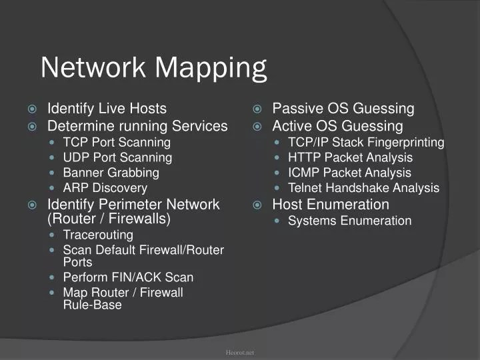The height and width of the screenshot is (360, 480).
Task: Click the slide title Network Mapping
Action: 153,68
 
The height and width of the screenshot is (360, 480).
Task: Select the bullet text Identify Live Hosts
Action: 107,109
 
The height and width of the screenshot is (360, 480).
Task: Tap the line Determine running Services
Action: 137,126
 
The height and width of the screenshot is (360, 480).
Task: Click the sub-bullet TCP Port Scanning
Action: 117,142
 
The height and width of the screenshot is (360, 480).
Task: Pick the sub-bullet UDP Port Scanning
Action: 117,157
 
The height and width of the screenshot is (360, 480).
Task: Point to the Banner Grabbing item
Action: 111,173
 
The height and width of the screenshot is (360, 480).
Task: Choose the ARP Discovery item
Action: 105,188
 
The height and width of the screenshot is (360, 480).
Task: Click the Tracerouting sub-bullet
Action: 98,235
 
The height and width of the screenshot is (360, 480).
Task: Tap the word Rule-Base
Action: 92,305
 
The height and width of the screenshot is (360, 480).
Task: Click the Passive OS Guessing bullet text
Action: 343,109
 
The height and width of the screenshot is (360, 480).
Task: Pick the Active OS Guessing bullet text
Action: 337,126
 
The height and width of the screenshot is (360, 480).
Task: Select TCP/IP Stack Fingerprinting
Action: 366,142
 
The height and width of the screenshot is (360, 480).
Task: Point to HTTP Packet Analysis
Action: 350,157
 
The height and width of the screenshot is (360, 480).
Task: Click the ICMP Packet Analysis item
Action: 349,173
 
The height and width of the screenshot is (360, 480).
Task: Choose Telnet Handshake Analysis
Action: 363,188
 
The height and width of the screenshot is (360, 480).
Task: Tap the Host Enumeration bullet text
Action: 331,204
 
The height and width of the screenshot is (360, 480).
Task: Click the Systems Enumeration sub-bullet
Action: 349,221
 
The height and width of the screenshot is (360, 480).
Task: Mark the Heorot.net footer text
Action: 240,352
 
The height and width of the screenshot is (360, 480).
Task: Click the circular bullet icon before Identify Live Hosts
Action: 32,109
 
